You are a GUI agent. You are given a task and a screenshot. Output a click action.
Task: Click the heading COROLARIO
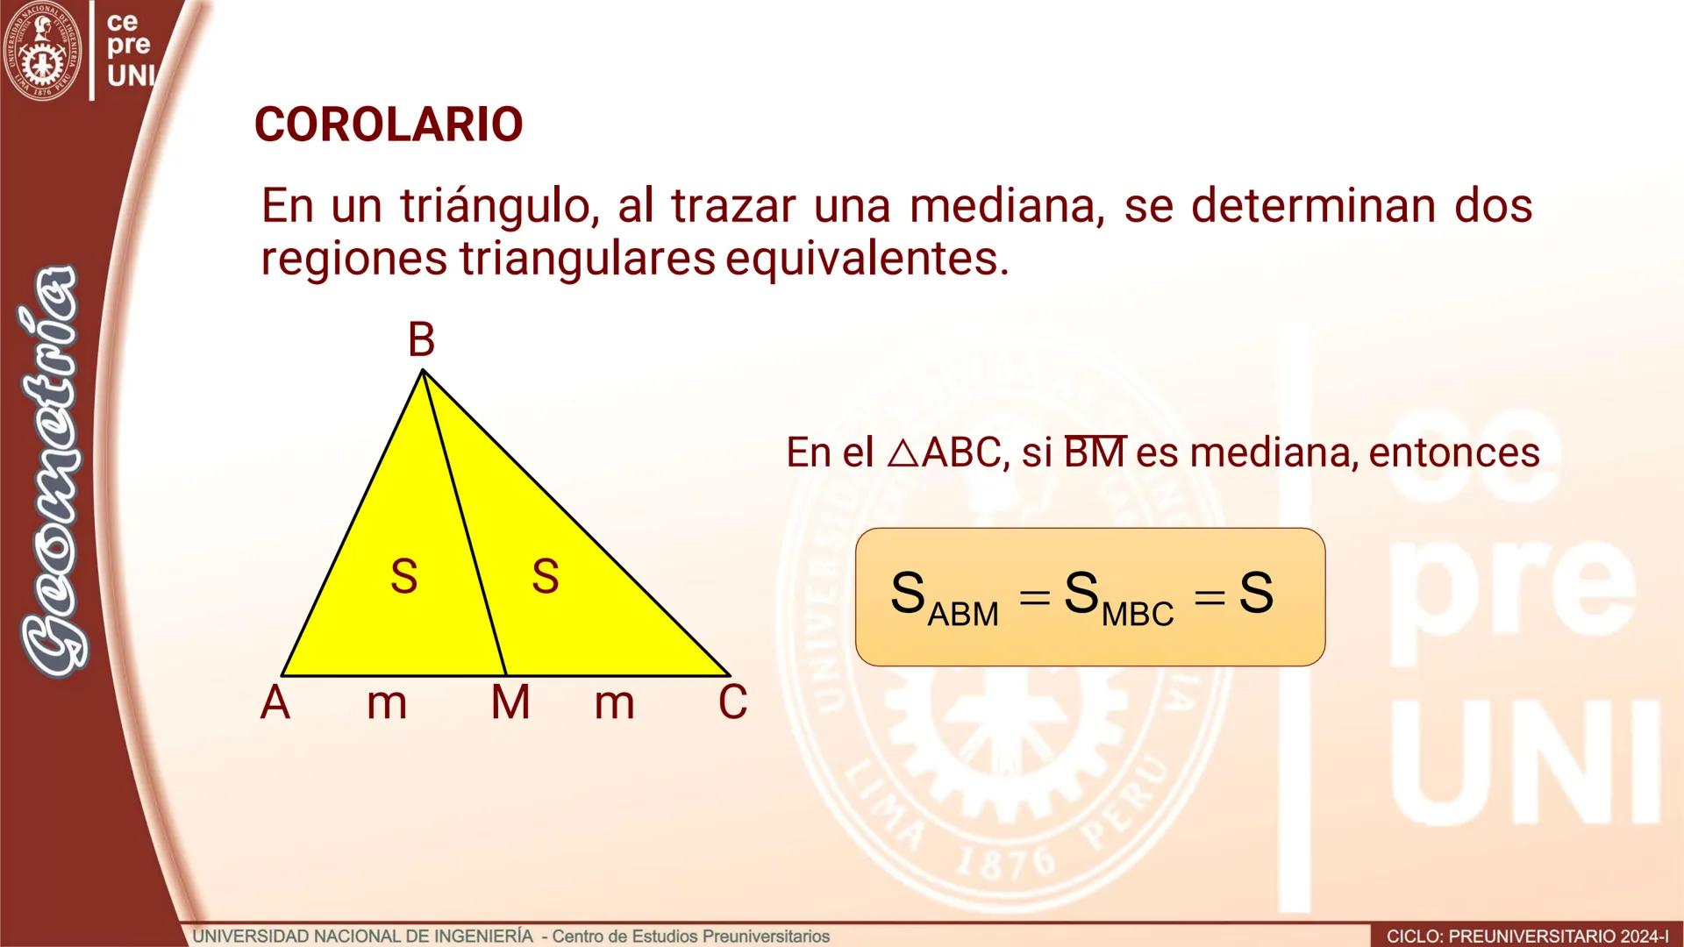tap(389, 125)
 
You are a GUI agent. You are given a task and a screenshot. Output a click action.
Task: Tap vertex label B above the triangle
tap(421, 339)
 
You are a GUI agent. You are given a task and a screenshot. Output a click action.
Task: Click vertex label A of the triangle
tap(275, 702)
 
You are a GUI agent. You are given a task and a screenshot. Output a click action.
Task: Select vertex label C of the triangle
tap(732, 702)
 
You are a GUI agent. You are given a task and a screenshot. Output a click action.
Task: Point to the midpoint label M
tap(510, 702)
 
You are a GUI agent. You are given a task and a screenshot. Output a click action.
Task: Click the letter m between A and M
tap(387, 702)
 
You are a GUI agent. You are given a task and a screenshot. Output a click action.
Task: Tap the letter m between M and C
tap(614, 702)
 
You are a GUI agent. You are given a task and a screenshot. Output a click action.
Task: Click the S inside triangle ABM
tap(403, 576)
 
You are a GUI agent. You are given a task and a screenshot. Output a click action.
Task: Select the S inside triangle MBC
tap(545, 576)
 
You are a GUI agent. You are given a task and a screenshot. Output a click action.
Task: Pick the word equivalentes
tap(867, 259)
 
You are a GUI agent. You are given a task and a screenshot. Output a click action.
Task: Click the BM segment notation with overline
tap(1094, 452)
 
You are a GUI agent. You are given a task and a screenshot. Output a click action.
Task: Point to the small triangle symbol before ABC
tap(902, 452)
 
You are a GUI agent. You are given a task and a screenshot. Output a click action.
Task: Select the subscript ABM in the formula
tap(963, 614)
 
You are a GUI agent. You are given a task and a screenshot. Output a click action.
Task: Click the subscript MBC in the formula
tap(1138, 614)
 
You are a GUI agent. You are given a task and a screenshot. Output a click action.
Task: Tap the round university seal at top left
tap(41, 51)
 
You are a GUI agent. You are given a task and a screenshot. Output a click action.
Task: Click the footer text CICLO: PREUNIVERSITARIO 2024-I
tap(1527, 936)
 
